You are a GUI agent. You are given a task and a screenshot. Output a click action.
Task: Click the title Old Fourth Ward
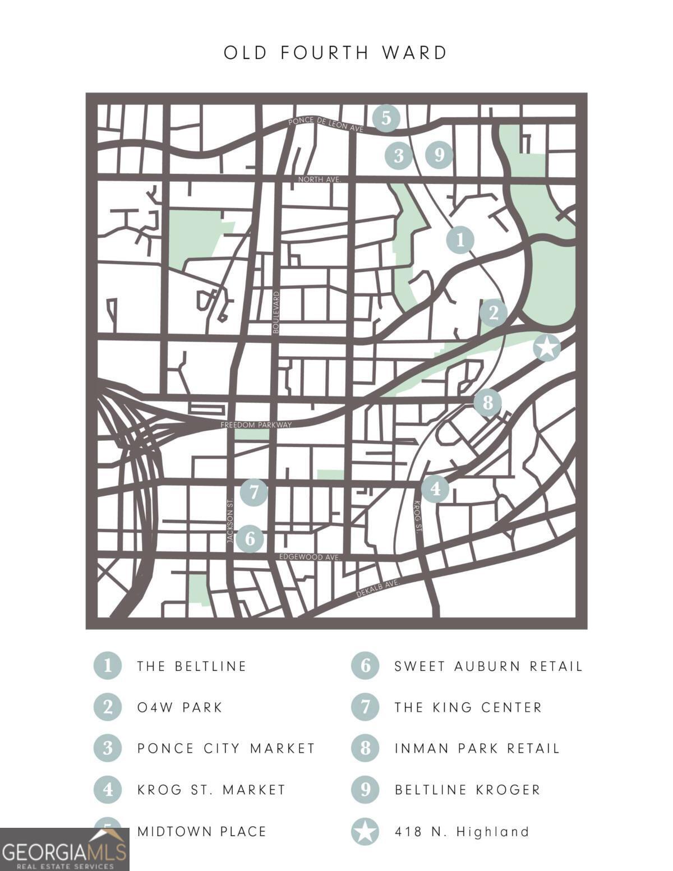coord(335,53)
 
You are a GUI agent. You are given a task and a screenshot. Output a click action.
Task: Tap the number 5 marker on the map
coord(386,118)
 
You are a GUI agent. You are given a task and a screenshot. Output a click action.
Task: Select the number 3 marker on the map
coord(399,155)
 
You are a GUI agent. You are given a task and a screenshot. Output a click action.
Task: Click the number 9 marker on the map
coord(439,154)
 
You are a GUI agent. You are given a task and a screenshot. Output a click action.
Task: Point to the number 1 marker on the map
coord(460,240)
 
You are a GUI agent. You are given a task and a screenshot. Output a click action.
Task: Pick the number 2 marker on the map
coord(494,312)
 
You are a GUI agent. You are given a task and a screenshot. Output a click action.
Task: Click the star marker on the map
coord(547,348)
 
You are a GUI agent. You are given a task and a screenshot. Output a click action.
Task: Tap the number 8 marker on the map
coord(487,402)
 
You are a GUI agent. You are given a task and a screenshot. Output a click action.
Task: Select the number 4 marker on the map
coord(435,489)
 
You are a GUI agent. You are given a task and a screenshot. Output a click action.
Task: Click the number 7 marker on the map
coord(254,492)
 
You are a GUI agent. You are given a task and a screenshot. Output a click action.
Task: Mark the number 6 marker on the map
coord(250,539)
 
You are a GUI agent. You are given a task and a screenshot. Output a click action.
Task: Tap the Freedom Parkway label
coord(256,425)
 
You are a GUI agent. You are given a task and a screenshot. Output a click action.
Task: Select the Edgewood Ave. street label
coord(310,557)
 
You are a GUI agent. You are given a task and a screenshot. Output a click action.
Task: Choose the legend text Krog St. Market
coord(211,790)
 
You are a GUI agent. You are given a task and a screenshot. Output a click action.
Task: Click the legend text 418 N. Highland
coord(462,831)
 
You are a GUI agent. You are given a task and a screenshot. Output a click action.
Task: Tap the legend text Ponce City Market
coord(226,748)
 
